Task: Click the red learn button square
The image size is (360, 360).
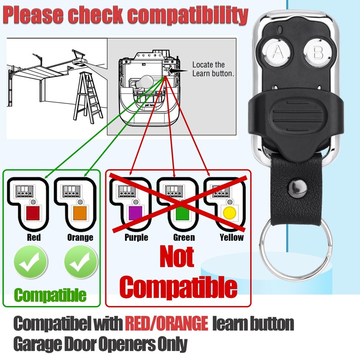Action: pyautogui.click(x=33, y=212)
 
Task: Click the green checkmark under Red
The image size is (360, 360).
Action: pyautogui.click(x=30, y=263)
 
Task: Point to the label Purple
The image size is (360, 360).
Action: pyautogui.click(x=136, y=237)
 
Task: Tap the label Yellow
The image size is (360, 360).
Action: pyautogui.click(x=231, y=237)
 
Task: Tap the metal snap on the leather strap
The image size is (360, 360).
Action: pyautogui.click(x=295, y=186)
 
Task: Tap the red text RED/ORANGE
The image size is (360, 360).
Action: pyautogui.click(x=166, y=323)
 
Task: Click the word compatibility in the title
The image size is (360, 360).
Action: pyautogui.click(x=186, y=15)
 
